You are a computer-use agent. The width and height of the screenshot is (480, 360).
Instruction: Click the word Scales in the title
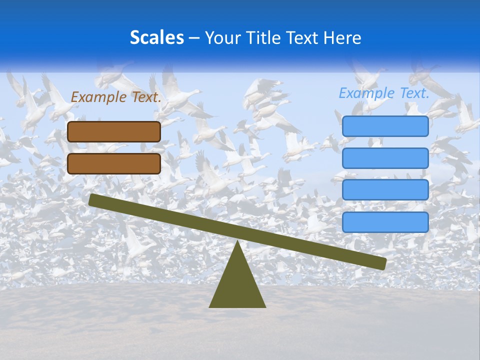156,37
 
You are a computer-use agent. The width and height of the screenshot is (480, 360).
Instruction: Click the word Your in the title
223,37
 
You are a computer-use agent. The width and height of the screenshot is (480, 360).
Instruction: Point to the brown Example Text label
116,97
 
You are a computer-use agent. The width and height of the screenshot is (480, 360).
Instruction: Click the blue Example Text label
384,93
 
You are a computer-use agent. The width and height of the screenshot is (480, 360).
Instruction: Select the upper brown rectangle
114,131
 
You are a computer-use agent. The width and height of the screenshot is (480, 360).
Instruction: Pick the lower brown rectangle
114,163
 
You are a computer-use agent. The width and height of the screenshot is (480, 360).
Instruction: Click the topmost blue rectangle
385,126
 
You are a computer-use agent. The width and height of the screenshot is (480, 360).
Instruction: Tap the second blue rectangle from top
385,158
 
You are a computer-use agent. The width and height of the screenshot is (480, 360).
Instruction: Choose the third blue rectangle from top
385,190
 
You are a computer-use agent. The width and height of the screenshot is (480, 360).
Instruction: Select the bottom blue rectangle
385,222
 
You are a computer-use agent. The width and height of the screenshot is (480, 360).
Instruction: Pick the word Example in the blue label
367,93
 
